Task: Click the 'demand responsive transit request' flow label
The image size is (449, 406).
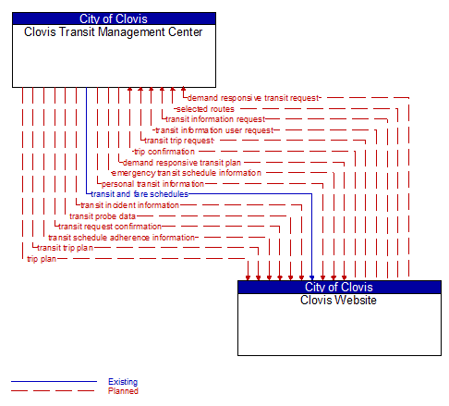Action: [x=252, y=97]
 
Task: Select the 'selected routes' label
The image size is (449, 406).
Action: [x=204, y=108]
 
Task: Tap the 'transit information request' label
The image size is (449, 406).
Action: [x=215, y=118]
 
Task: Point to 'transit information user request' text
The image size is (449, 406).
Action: [x=214, y=129]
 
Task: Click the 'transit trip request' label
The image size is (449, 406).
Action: [x=178, y=141]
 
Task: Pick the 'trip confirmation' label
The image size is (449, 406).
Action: [x=164, y=151]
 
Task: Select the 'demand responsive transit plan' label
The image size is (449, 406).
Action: [x=181, y=162]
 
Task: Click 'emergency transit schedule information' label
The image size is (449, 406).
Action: [x=186, y=172]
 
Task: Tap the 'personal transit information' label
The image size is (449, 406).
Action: [x=152, y=183]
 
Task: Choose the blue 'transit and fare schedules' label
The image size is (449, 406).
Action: [x=140, y=194]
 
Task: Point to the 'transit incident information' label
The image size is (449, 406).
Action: [x=129, y=204]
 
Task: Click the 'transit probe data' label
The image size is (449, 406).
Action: [x=103, y=215]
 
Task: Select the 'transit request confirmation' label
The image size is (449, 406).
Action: [x=110, y=226]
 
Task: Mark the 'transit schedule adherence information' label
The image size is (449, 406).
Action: [x=122, y=237]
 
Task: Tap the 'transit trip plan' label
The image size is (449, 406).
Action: [x=65, y=247]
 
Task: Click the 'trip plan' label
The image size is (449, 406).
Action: [x=42, y=258]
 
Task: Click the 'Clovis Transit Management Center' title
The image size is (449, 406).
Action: [x=114, y=31]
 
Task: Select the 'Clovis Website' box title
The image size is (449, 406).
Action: [x=339, y=300]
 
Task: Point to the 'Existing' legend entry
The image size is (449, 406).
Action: [x=122, y=381]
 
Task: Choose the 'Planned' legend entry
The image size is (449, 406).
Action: [x=123, y=391]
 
